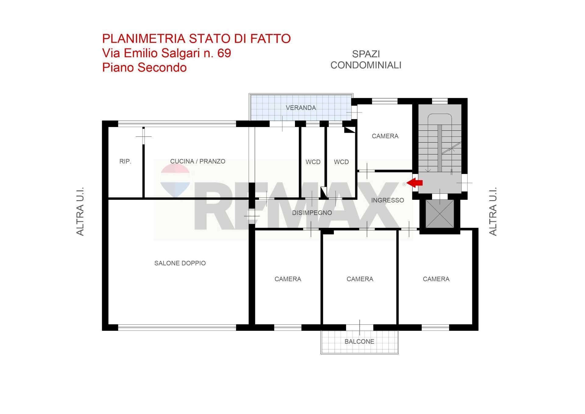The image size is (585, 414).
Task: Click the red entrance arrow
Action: point(415,183)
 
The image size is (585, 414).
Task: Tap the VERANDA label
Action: point(301,108)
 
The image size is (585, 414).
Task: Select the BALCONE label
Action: point(359,341)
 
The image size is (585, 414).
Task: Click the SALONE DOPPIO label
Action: point(180,263)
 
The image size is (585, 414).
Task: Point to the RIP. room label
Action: point(125,161)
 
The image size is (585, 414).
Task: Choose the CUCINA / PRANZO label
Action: point(197,161)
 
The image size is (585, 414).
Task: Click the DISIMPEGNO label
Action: point(312,213)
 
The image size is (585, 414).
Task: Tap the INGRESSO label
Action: point(387,200)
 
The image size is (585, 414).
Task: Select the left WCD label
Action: point(313,162)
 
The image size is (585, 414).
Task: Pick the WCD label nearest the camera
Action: point(341,162)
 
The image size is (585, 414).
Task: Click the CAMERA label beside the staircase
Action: point(385,136)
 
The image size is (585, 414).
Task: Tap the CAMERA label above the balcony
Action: point(360,279)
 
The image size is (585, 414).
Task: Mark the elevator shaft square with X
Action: point(439,214)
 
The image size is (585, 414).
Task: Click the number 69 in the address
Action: point(224,53)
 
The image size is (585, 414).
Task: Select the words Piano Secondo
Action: point(144,67)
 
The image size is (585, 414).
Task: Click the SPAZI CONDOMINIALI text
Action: point(366,60)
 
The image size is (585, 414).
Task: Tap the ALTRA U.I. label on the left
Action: point(80,211)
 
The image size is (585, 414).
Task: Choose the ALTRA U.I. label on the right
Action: point(493,211)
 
